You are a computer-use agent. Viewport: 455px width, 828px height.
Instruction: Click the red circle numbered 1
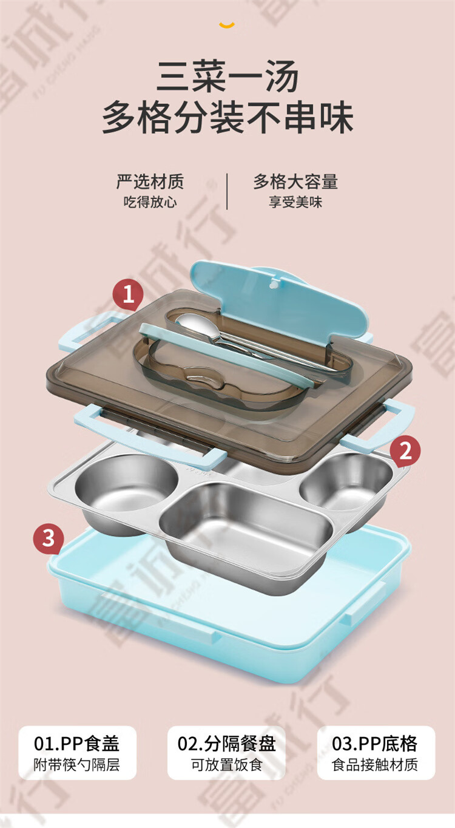click(x=128, y=294)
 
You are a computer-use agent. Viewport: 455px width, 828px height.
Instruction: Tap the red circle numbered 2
click(x=405, y=450)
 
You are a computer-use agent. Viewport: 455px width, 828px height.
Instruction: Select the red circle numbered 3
click(x=49, y=538)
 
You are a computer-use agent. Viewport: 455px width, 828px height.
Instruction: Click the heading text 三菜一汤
click(x=227, y=76)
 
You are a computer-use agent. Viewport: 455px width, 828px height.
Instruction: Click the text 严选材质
click(x=150, y=182)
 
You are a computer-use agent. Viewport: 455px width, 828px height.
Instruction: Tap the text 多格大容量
click(x=295, y=182)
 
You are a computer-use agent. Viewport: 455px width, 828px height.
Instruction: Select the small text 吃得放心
click(x=150, y=202)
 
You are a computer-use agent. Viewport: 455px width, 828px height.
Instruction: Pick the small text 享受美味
click(x=295, y=202)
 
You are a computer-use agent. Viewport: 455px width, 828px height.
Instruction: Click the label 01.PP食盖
click(x=77, y=744)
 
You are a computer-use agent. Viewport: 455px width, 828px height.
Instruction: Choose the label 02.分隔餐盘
click(x=226, y=744)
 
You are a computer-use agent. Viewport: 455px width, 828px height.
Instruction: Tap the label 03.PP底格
click(x=374, y=744)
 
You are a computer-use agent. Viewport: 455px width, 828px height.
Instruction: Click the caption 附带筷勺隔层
click(x=77, y=765)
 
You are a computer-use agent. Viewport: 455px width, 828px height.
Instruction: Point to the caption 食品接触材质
click(x=374, y=765)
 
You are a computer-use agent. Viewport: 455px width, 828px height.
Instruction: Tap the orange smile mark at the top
click(x=227, y=25)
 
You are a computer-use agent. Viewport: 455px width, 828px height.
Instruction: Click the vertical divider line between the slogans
click(x=227, y=191)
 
